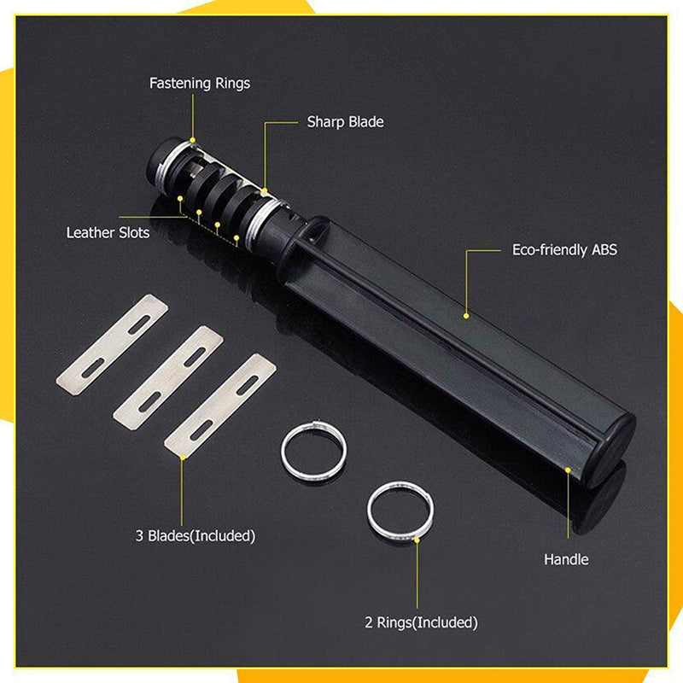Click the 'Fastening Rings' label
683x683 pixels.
click(200, 83)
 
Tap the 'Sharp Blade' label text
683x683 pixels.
click(346, 122)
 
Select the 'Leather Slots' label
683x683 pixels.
click(108, 232)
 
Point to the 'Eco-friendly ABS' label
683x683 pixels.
click(564, 250)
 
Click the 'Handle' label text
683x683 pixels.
click(566, 559)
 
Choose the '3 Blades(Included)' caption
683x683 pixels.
click(196, 535)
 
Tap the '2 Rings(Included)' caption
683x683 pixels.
click(421, 622)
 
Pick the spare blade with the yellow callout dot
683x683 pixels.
click(220, 406)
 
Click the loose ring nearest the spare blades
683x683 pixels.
click(313, 450)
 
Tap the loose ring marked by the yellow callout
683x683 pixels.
click(400, 511)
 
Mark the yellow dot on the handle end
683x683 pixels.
click(568, 470)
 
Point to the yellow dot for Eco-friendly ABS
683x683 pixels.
click(466, 316)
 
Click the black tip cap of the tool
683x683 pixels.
click(158, 159)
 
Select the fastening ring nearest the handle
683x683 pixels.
click(261, 222)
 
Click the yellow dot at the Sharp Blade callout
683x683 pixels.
click(264, 191)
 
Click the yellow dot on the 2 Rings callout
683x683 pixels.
click(417, 540)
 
